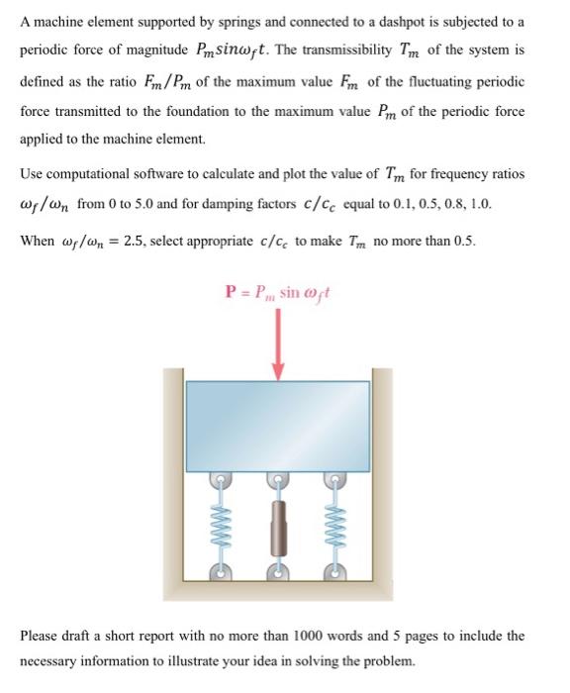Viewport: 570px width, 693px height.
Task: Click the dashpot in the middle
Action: tap(279, 522)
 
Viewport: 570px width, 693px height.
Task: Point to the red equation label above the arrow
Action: tap(279, 293)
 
